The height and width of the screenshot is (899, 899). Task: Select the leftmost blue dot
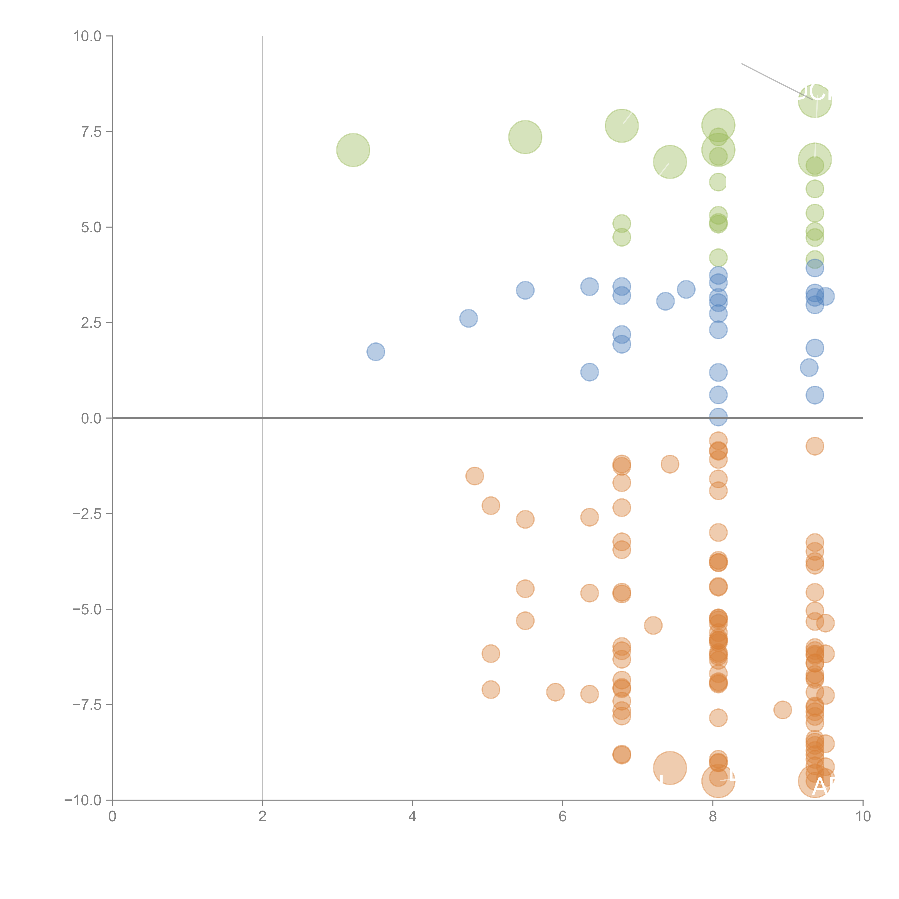[x=376, y=352]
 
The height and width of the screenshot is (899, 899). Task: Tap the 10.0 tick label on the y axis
[x=88, y=36]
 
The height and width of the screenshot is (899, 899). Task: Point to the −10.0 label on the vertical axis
[x=83, y=800]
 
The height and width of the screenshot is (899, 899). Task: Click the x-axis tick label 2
[x=263, y=817]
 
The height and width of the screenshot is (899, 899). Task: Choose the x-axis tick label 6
[x=563, y=817]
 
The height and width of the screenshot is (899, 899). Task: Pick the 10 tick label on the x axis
[x=863, y=817]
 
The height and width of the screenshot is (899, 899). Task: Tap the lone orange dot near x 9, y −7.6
[x=783, y=710]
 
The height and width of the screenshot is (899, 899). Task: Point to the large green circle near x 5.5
[x=525, y=137]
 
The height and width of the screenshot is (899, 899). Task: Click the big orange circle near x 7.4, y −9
[x=670, y=768]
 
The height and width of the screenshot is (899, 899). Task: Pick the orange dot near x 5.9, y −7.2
[x=555, y=692]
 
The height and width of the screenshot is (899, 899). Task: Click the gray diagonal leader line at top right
[x=772, y=80]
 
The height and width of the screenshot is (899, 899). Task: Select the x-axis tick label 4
[x=412, y=817]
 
